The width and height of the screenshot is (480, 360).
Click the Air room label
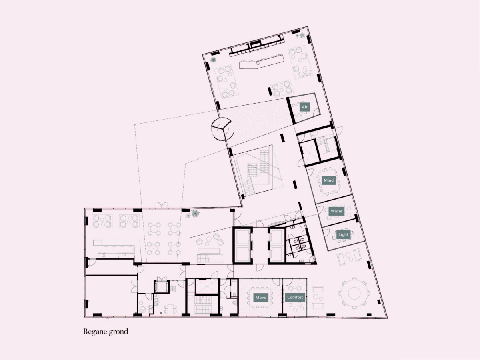(x=305, y=107)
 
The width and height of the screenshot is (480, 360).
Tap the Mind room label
(x=329, y=180)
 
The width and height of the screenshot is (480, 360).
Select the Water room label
(x=336, y=211)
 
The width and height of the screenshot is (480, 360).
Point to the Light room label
(x=343, y=234)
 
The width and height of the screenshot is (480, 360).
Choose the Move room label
(x=261, y=298)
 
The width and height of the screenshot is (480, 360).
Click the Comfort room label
(x=295, y=297)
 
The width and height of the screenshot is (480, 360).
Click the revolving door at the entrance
(x=222, y=129)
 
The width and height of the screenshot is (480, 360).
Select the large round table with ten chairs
(x=354, y=293)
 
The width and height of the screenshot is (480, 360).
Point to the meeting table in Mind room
(x=329, y=181)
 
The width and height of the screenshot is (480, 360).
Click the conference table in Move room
(x=260, y=298)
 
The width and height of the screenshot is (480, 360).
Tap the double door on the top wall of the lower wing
(x=162, y=205)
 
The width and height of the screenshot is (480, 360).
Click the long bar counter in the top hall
(x=262, y=62)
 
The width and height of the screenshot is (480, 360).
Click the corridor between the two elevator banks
(x=260, y=246)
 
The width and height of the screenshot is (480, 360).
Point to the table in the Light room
(x=343, y=237)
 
